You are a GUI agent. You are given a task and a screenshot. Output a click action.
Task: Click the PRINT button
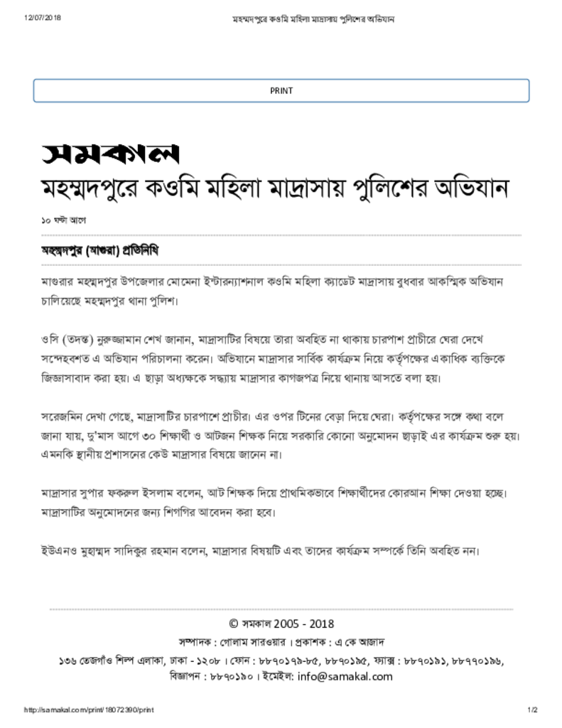(x=281, y=90)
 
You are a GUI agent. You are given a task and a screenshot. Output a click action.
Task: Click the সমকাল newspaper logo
(x=110, y=154)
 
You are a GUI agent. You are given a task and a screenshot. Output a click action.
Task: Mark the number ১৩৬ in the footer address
(x=69, y=660)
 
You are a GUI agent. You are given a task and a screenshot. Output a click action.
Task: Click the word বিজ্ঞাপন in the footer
(x=187, y=677)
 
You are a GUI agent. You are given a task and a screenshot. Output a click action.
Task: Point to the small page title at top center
(x=314, y=18)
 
